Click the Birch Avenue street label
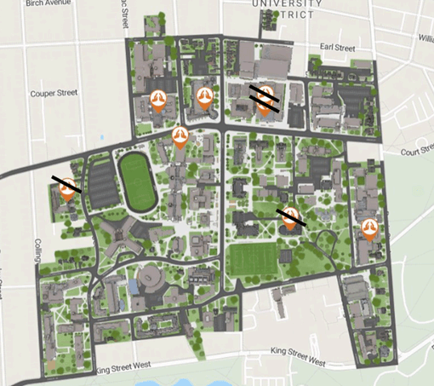pos(48,3)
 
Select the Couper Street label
pos(53,94)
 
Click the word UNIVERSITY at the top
pos(288,4)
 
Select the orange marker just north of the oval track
pos(180,135)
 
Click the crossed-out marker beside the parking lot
pos(67,188)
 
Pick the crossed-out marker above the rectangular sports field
pos(289,217)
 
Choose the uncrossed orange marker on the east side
pos(368,228)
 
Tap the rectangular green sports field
pos(254,260)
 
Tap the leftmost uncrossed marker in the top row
pos(157,100)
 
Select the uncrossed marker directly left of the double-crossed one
pos(205,96)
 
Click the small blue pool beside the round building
pos(134,288)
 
